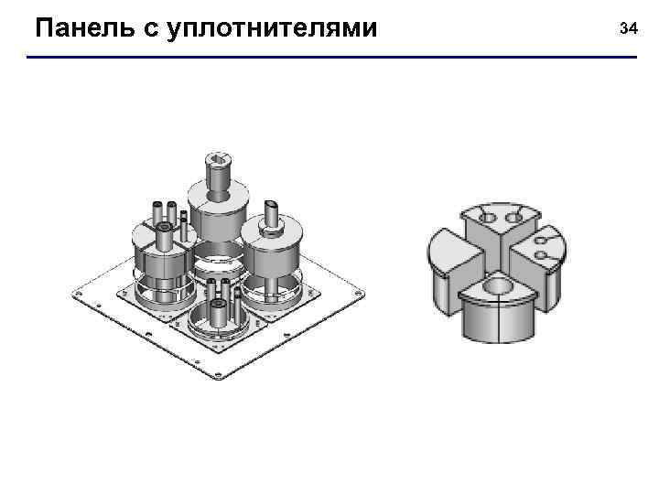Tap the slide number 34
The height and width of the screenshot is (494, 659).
click(628, 29)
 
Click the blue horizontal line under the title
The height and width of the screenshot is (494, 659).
click(329, 59)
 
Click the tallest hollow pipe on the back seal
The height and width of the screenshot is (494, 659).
click(219, 174)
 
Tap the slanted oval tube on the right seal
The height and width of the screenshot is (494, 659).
click(272, 211)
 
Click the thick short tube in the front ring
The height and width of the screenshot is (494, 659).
click(220, 312)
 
